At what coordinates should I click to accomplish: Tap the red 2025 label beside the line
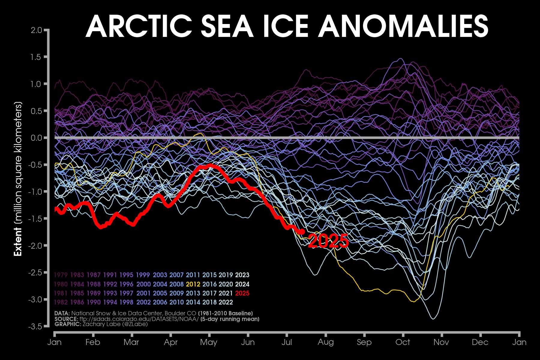coord(328,241)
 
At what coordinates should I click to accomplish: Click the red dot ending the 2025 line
coord(302,232)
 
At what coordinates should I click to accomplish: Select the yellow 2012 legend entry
coord(193,284)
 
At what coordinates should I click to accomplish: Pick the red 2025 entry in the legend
coord(242,293)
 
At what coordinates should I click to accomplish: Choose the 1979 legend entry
coord(61,275)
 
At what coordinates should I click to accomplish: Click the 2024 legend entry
coord(242,284)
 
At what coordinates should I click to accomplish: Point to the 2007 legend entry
coord(176,275)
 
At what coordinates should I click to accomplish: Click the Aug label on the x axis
coord(325,342)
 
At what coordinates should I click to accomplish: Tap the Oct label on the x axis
coord(403,342)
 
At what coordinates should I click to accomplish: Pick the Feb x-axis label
coord(93,342)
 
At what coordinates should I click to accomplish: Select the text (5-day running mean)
coord(230,319)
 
